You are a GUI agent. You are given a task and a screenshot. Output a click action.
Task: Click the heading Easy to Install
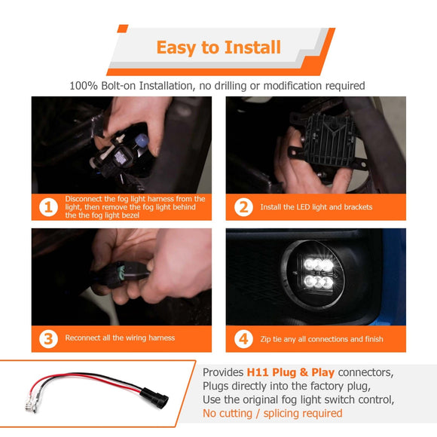click(218, 47)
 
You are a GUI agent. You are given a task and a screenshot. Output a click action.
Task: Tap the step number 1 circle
click(48, 206)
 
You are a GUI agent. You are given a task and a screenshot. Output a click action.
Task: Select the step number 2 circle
click(243, 206)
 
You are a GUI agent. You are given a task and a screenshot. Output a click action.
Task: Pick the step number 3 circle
click(48, 338)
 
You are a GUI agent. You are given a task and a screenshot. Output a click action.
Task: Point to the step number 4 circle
click(243, 338)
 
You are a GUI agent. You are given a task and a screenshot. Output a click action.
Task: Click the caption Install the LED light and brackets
click(316, 207)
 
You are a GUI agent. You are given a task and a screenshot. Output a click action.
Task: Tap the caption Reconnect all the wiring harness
click(120, 338)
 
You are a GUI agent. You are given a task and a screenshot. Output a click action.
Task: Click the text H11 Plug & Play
click(290, 373)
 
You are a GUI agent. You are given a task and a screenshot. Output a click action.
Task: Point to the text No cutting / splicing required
click(272, 414)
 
